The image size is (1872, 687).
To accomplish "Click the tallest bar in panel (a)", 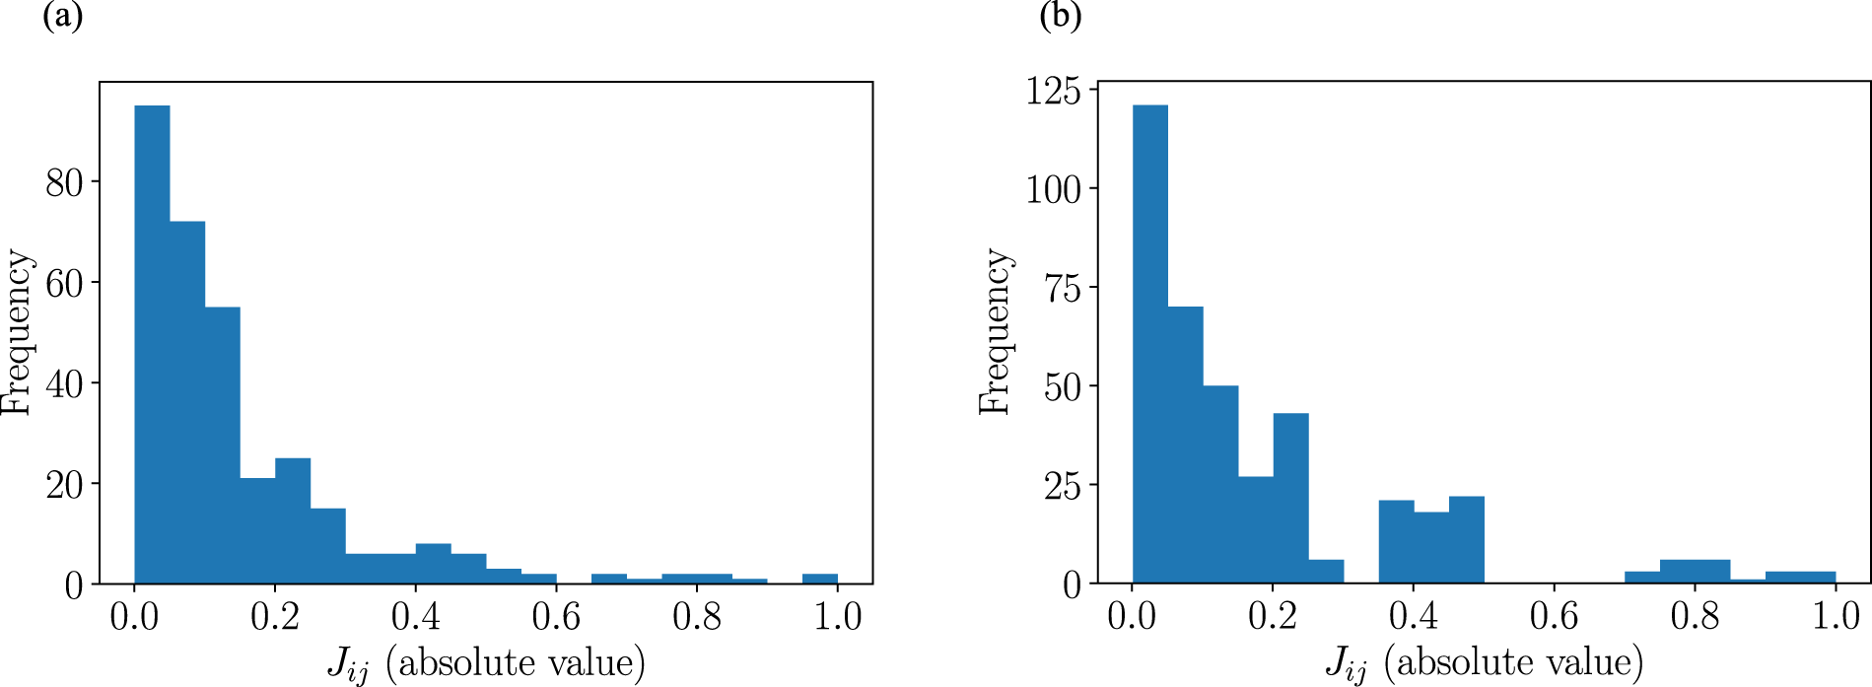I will [152, 345].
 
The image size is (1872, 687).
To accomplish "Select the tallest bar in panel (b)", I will [1150, 345].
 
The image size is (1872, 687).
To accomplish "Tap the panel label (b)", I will [1061, 18].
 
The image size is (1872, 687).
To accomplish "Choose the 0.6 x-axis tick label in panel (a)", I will [556, 617].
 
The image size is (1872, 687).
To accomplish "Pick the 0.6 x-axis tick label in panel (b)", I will [1555, 617].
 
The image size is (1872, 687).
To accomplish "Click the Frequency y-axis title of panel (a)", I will [17, 333].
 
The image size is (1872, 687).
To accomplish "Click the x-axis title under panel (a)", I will [486, 663].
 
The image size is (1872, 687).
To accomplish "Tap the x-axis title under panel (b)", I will [1485, 663].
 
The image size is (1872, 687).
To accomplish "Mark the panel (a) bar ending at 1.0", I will [820, 580].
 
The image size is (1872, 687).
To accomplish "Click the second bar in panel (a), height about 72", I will [187, 402].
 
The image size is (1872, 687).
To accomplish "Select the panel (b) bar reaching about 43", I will [1291, 499].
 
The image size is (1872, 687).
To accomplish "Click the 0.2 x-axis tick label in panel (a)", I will [275, 617].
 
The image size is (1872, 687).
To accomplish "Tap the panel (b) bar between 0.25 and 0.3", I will [1326, 573].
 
